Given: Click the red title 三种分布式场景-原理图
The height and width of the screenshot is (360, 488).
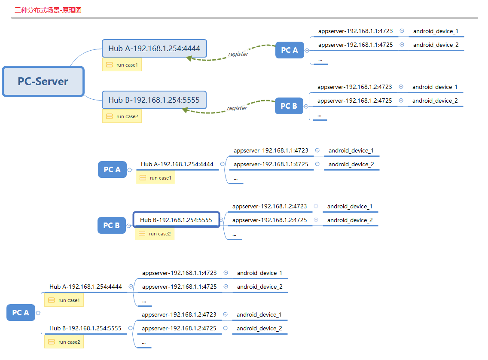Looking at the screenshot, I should click(x=48, y=10).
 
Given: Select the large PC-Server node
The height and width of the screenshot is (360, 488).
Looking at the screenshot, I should click(x=43, y=81).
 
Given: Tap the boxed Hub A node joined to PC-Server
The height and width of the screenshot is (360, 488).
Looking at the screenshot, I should click(x=154, y=49).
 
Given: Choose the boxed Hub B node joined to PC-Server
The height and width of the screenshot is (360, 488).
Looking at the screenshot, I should click(x=154, y=100).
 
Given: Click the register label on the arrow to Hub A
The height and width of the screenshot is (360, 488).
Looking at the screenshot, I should click(x=238, y=54).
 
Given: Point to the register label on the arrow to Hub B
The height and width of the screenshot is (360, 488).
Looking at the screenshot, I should click(x=237, y=108).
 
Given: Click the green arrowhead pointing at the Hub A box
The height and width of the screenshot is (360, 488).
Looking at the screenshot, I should click(x=189, y=58).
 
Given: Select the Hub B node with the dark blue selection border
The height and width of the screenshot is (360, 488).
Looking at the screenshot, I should click(x=176, y=220).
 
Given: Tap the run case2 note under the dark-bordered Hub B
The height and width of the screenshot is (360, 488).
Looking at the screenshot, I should click(x=155, y=234).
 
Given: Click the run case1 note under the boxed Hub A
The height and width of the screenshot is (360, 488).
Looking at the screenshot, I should click(x=122, y=65).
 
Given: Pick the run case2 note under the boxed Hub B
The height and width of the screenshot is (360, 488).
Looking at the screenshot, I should click(x=122, y=116).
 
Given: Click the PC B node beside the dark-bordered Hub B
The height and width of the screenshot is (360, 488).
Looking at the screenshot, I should click(x=111, y=225).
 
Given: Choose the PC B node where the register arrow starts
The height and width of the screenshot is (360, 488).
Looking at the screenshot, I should click(x=289, y=106).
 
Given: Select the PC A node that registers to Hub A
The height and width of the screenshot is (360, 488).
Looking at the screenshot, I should click(x=289, y=50).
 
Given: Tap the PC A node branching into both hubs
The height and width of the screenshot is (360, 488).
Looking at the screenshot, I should click(x=21, y=312).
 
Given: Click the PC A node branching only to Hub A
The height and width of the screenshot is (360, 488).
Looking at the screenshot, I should click(x=112, y=169).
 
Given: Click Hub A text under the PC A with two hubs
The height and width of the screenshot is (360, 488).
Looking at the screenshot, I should click(x=85, y=287).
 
